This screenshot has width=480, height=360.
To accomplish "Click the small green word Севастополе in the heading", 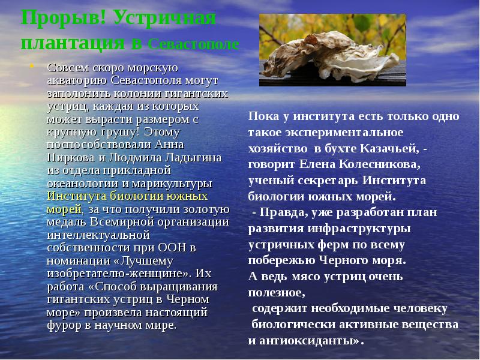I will (x=193, y=45).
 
